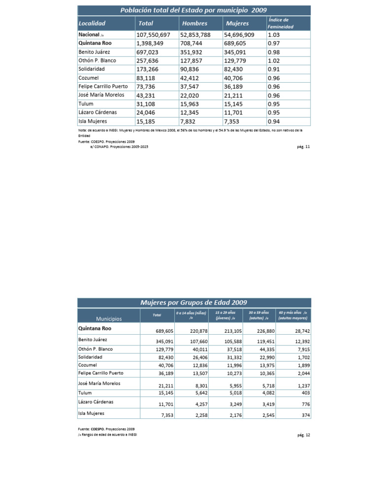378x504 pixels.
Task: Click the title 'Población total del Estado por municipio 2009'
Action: [x=194, y=10]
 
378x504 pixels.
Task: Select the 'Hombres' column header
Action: [x=194, y=23]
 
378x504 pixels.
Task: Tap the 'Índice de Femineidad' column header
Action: [x=280, y=23]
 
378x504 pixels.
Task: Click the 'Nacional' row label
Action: [x=90, y=35]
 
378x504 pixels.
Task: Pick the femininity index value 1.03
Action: [x=274, y=35]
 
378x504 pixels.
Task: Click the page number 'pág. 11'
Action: [x=304, y=146]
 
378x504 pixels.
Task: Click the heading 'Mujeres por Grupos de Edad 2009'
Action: [x=194, y=302]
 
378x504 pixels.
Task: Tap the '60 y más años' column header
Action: [x=292, y=315]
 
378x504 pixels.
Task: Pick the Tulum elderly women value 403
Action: [x=305, y=393]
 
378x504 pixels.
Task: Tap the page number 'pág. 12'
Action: [x=304, y=435]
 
